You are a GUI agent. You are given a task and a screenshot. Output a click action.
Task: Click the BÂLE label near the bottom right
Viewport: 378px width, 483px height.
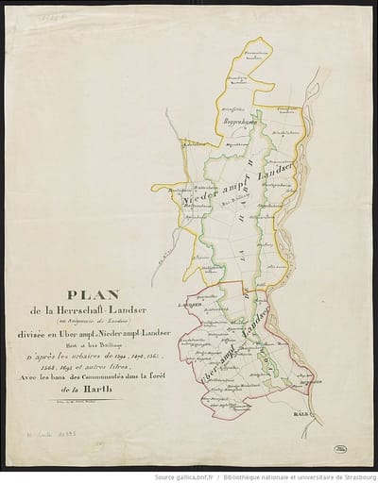329,412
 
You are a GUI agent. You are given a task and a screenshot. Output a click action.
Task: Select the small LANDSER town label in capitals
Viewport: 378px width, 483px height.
188,306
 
